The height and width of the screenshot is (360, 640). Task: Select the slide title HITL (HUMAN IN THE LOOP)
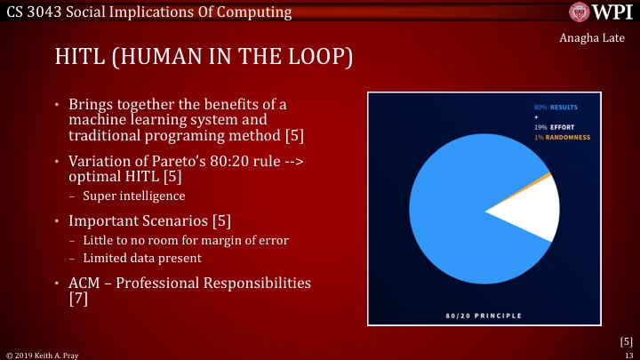point(204,58)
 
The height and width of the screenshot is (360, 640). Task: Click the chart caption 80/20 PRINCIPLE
point(484,316)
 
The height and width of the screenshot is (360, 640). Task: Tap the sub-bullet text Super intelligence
point(128,195)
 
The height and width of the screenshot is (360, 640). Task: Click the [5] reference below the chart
point(626,340)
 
